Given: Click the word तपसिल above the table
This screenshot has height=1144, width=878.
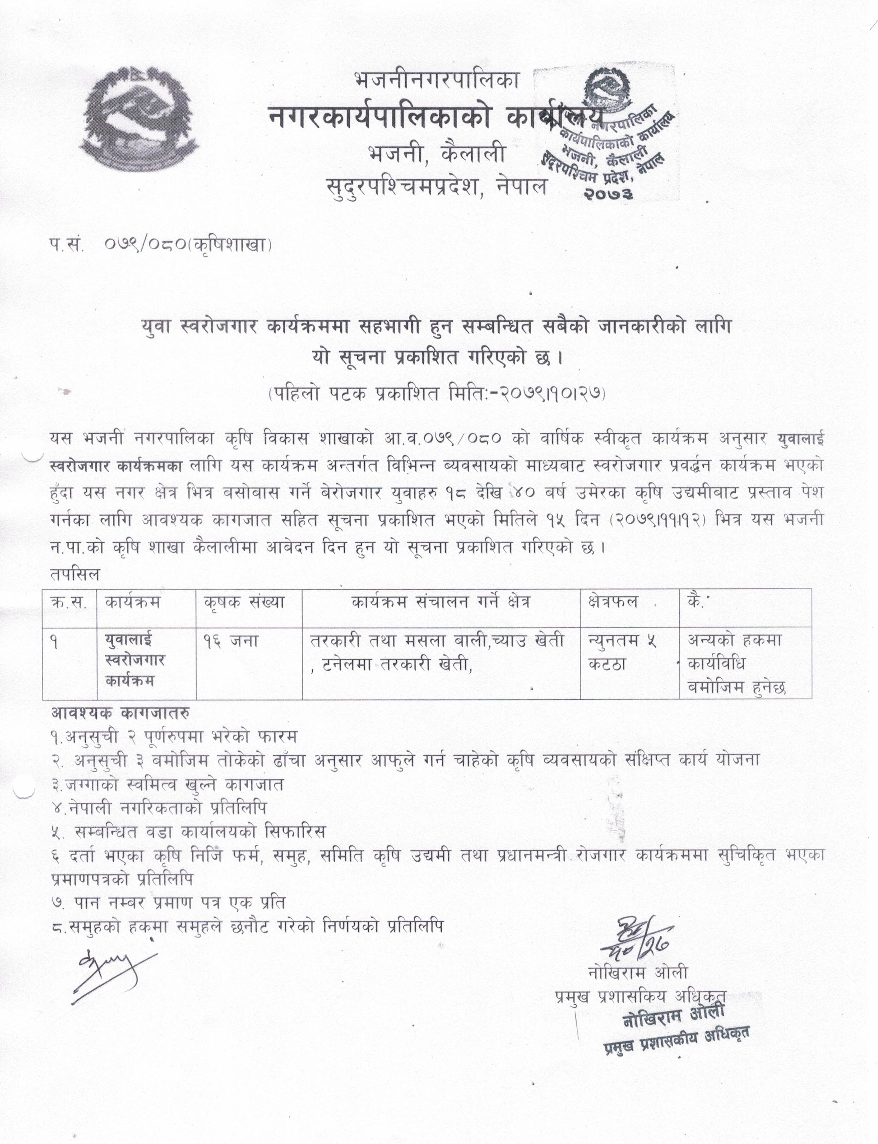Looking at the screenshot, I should [x=75, y=574].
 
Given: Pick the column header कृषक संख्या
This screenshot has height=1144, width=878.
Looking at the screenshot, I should [x=244, y=602].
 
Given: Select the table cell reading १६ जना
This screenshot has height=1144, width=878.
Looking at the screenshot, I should [x=231, y=640].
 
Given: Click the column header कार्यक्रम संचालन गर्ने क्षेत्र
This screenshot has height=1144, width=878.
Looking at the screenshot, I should [x=441, y=602].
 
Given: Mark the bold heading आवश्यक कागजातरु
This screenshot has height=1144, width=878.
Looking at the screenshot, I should [x=120, y=712].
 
